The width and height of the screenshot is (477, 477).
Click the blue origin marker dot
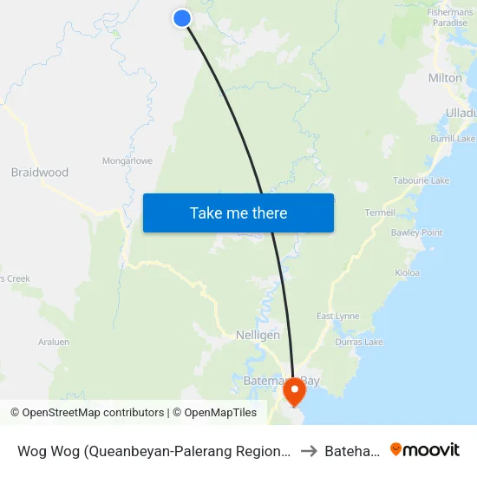click(x=182, y=18)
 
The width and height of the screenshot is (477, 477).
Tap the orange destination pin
click(x=295, y=390)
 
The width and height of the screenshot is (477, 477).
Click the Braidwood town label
click(x=40, y=173)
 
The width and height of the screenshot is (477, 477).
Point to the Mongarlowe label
click(x=127, y=160)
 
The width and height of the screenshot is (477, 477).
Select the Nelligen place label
click(x=258, y=335)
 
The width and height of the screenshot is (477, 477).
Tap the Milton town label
click(x=445, y=78)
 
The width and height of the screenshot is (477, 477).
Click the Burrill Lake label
click(x=454, y=139)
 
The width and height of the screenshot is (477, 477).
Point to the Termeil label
click(x=380, y=212)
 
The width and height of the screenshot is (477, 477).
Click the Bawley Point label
click(x=416, y=232)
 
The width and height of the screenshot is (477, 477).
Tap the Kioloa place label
click(x=407, y=272)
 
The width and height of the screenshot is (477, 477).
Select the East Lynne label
click(x=337, y=316)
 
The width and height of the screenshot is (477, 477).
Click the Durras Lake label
click(x=362, y=342)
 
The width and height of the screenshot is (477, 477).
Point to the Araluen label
click(x=53, y=343)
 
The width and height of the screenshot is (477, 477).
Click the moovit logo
click(x=425, y=449)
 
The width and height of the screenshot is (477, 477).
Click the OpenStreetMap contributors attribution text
click(x=93, y=413)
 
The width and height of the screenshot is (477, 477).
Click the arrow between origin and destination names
click(x=307, y=450)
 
